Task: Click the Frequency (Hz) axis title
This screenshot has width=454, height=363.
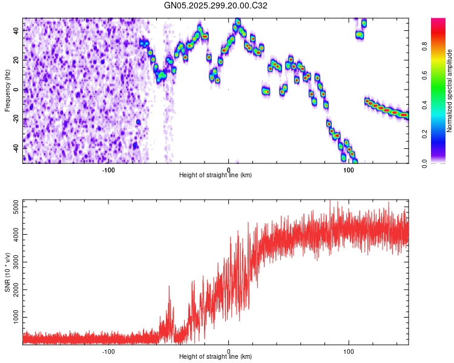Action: pyautogui.click(x=7, y=90)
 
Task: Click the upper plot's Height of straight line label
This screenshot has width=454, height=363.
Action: pyautogui.click(x=215, y=175)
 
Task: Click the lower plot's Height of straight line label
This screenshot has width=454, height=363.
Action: pyautogui.click(x=215, y=357)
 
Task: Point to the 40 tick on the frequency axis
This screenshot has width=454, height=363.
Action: pyautogui.click(x=16, y=30)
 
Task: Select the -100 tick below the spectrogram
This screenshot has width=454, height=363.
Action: pyautogui.click(x=108, y=169)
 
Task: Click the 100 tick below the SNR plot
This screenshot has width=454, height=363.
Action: pyautogui.click(x=349, y=351)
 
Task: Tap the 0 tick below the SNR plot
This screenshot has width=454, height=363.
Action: pyautogui.click(x=228, y=351)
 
